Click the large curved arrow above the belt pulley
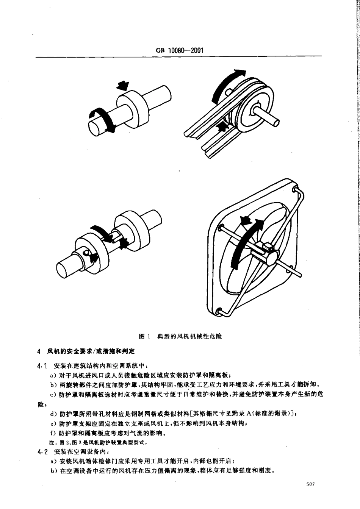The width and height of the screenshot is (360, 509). (x=224, y=85)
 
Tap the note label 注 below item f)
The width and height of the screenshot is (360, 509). (x=41, y=442)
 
